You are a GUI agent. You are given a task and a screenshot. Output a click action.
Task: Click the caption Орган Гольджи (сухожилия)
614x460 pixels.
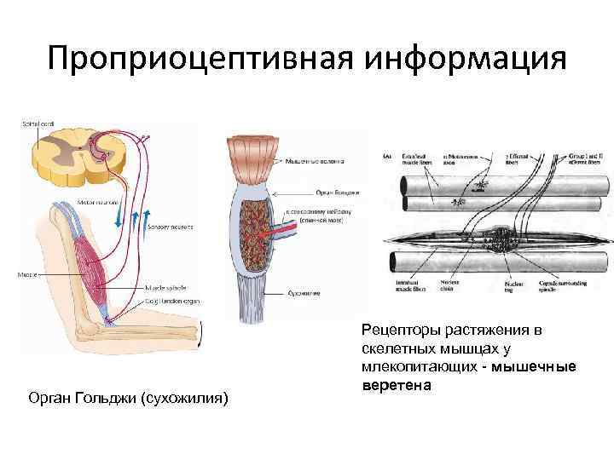(128, 398)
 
